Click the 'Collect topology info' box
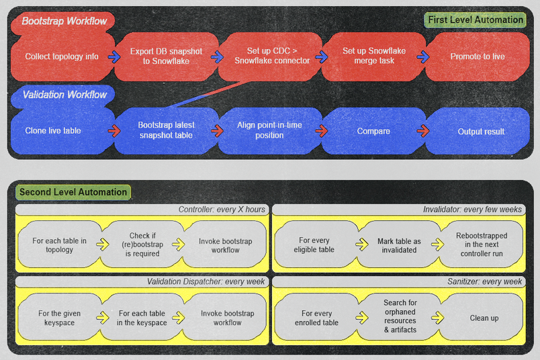click(62, 57)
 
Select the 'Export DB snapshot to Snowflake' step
click(166, 57)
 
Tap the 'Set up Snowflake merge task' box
click(373, 56)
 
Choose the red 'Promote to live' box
click(478, 57)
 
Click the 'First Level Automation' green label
click(475, 20)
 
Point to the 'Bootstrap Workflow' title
click(64, 21)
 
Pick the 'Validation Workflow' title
click(64, 95)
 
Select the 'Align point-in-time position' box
click(269, 131)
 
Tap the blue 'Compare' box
click(373, 131)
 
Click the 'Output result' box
click(480, 131)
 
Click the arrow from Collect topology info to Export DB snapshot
click(114, 57)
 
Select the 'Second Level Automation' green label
click(73, 192)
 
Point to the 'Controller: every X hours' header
click(222, 210)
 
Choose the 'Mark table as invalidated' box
click(399, 245)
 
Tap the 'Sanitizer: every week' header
click(484, 281)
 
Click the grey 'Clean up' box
click(484, 318)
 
